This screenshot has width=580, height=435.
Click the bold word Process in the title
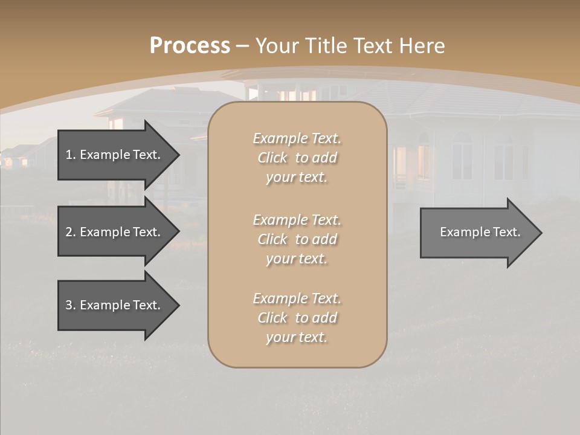pyautogui.click(x=190, y=46)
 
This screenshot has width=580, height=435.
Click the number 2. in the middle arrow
pyautogui.click(x=71, y=232)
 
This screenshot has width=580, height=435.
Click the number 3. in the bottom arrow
pyautogui.click(x=71, y=305)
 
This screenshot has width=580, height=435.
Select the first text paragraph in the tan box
pyautogui.click(x=297, y=158)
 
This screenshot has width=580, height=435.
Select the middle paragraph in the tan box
pyautogui.click(x=297, y=239)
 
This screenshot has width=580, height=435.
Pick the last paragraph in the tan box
pyautogui.click(x=297, y=318)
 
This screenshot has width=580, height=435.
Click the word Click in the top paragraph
pyautogui.click(x=272, y=158)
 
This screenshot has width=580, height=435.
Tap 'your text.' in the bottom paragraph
pyautogui.click(x=297, y=338)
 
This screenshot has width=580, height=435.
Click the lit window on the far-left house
pyautogui.click(x=8, y=162)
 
